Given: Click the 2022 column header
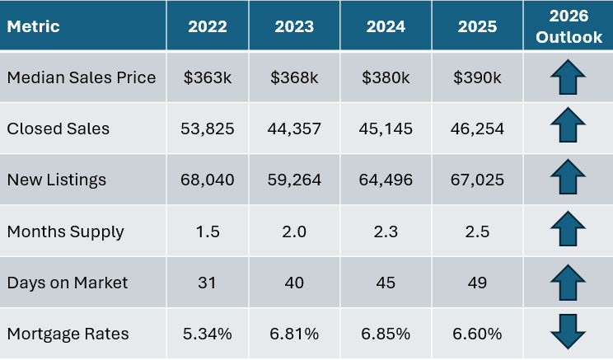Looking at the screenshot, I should [x=208, y=26].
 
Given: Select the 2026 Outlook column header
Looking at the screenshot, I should [x=568, y=26].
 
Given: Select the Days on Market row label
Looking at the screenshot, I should [x=67, y=283].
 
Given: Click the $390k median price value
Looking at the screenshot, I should [x=479, y=77].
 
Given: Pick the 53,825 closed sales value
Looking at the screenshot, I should [x=208, y=129].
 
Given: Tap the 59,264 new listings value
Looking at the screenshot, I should [x=294, y=180].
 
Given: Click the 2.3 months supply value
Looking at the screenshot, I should [x=386, y=231].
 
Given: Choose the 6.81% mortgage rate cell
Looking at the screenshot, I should [x=294, y=334].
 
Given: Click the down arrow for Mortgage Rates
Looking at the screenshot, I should [x=568, y=334].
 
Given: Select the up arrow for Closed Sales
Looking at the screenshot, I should [x=568, y=129].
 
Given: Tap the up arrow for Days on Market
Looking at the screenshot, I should [x=568, y=282].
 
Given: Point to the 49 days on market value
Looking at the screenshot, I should [x=479, y=283].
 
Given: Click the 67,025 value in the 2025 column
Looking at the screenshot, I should [x=479, y=180].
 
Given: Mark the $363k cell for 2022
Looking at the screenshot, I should [x=208, y=77].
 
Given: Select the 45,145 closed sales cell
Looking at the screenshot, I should [x=386, y=129].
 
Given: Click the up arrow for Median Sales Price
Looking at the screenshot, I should [x=568, y=77].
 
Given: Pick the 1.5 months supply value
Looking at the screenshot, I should [x=208, y=231].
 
